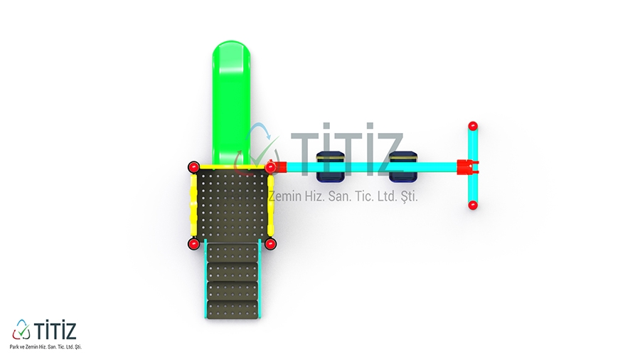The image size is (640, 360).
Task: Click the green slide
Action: [x=231, y=102]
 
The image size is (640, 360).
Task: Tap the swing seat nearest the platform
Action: [x=331, y=166]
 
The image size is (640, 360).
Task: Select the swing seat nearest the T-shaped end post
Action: [x=403, y=166]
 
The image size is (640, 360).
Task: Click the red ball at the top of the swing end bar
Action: [x=473, y=126]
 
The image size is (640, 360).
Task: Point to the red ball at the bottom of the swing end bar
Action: [x=473, y=205]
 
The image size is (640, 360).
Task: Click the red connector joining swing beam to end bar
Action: [x=467, y=166]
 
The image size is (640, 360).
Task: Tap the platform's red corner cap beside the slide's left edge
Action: [x=193, y=167]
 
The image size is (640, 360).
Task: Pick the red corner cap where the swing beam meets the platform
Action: [x=270, y=167]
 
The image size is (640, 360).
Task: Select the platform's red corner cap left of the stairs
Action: [x=193, y=244]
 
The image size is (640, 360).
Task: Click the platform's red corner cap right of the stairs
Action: [x=270, y=244]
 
